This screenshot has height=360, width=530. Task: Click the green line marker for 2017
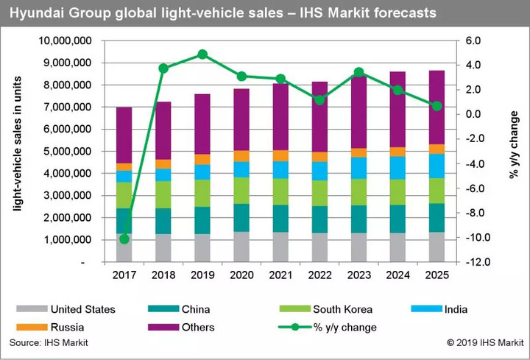pos(124,239)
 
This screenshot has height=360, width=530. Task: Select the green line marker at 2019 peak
pos(203,54)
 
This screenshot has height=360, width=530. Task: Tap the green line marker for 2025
pos(437,106)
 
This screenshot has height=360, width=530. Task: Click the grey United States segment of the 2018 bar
pos(163,248)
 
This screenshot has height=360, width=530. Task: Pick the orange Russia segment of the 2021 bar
pos(281,155)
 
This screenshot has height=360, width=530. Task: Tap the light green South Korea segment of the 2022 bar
pos(320,193)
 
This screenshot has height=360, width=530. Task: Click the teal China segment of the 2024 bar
pos(398,219)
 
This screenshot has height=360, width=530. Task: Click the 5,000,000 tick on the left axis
pos(69,151)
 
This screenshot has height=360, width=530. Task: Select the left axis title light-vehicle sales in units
pos(16,152)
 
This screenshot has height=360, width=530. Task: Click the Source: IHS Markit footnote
pos(44,344)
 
